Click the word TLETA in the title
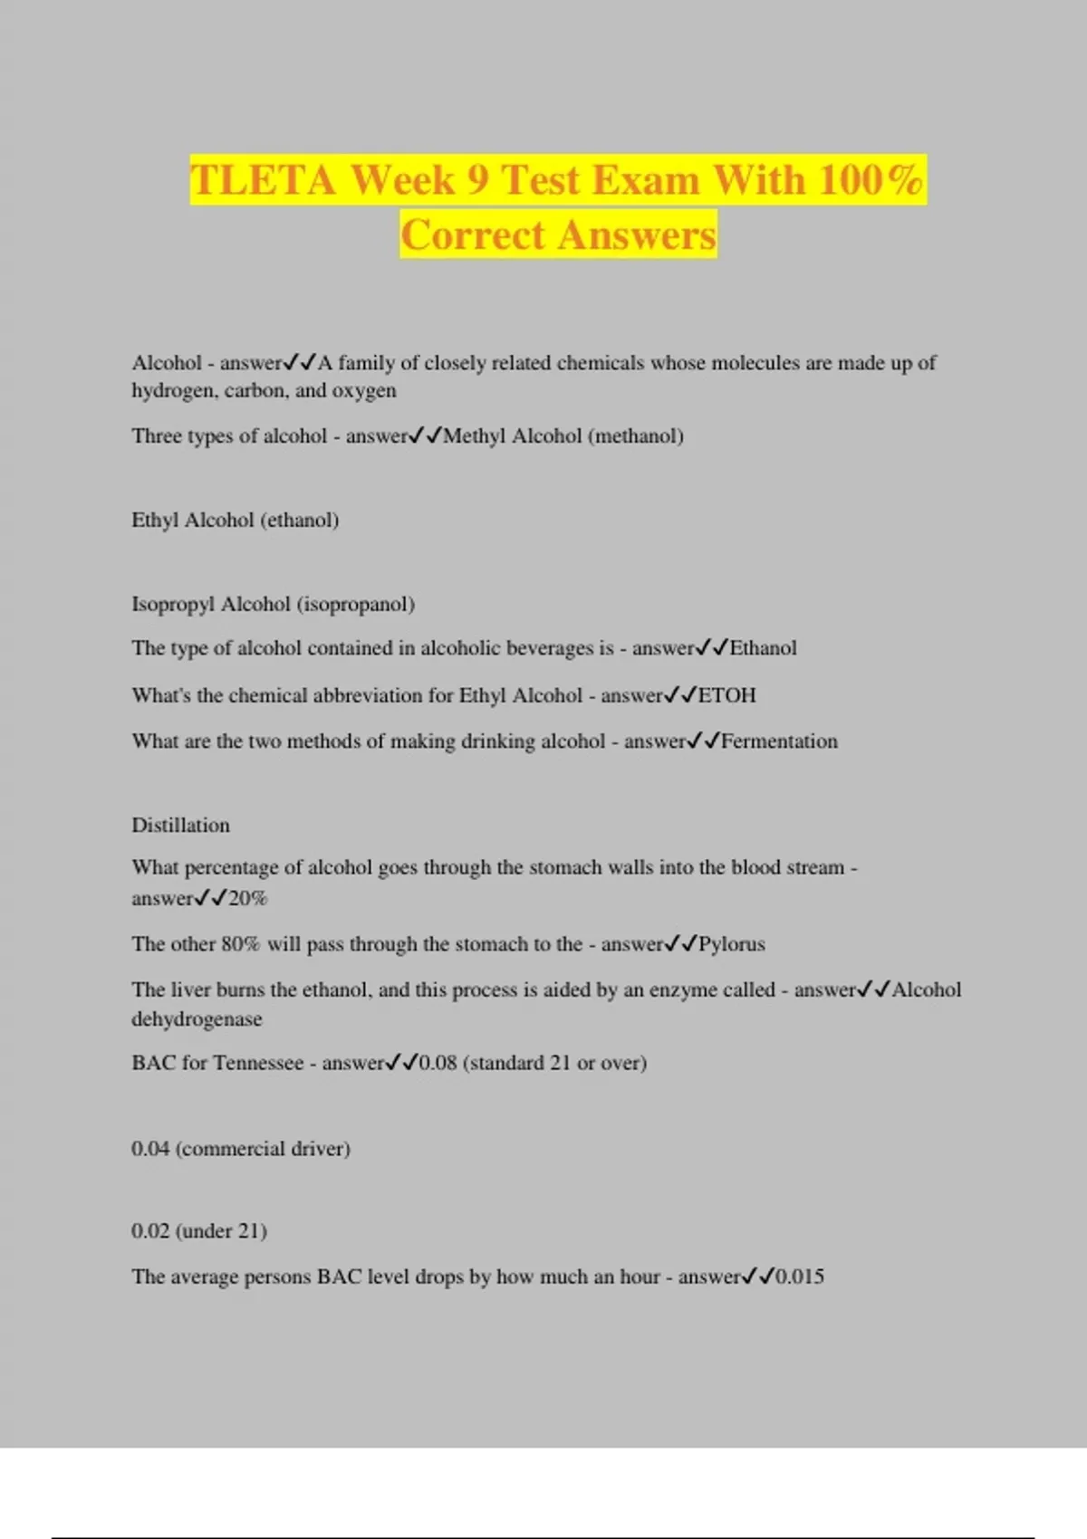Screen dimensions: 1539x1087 click(263, 179)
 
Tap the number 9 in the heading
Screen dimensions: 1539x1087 click(478, 179)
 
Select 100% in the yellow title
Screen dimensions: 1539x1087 click(871, 179)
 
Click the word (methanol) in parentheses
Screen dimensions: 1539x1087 click(636, 436)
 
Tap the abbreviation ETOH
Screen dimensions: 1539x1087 click(726, 696)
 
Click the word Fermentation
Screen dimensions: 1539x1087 click(779, 741)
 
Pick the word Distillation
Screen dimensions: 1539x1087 click(181, 826)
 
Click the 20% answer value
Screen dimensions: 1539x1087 click(248, 899)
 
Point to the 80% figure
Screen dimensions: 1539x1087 click(240, 944)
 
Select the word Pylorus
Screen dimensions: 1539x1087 click(732, 944)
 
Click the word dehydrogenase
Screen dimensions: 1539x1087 click(197, 1019)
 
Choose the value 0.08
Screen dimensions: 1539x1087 click(438, 1063)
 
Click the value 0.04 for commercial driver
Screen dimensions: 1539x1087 click(150, 1149)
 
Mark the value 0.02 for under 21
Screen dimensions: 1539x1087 click(150, 1231)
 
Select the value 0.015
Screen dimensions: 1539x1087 click(800, 1277)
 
